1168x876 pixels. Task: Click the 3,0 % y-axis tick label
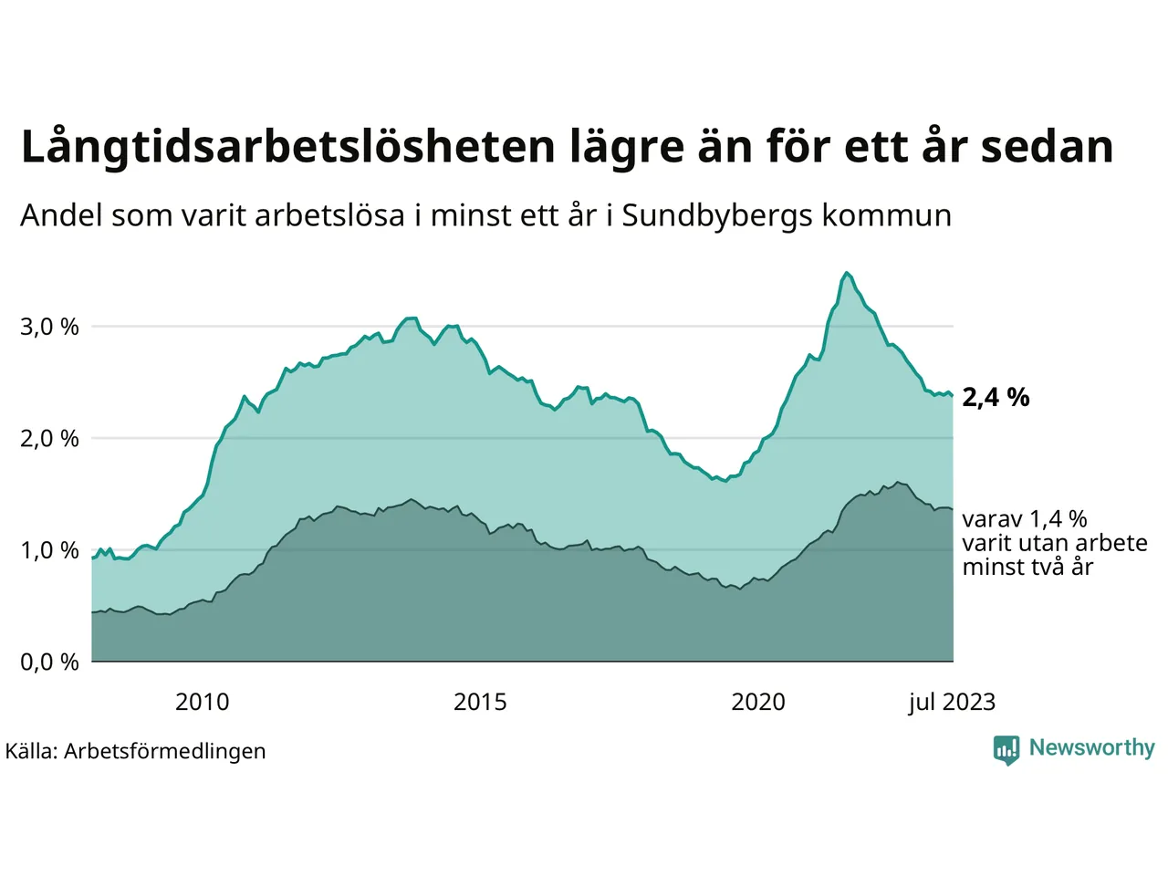[x=49, y=327]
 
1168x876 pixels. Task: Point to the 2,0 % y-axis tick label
[x=49, y=439]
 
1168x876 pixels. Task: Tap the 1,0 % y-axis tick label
[x=49, y=550]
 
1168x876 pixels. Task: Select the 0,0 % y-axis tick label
[x=49, y=662]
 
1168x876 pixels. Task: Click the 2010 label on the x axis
[x=202, y=702]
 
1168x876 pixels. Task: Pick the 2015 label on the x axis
[x=480, y=702]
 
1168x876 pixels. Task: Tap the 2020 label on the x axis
[x=758, y=702]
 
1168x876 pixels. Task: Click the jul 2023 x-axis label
[x=952, y=702]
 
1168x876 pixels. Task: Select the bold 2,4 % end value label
[x=996, y=397]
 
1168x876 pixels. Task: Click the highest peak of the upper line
[x=847, y=273]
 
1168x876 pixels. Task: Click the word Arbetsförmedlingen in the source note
[x=165, y=751]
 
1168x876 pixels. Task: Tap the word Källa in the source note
[x=31, y=751]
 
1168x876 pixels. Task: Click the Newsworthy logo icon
[x=1006, y=749]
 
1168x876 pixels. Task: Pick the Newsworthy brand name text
[x=1091, y=747]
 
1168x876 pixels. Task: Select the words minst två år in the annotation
[x=1027, y=567]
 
